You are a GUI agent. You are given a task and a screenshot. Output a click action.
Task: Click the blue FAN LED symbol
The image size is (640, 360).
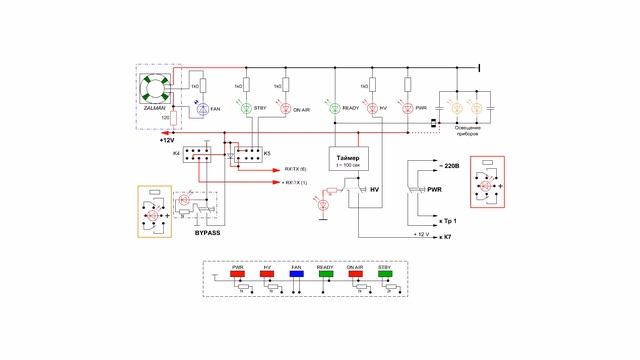pos(202,108)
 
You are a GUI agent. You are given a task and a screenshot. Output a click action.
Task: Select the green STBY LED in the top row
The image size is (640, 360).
pos(247,108)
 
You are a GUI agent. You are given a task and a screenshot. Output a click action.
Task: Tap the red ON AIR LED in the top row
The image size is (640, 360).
pos(285,108)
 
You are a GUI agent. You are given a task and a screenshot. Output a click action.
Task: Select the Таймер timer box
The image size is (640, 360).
pos(351,163)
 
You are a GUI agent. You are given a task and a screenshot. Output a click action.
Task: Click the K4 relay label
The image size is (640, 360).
pos(176,153)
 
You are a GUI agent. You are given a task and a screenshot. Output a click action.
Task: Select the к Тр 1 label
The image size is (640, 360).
pos(446,219)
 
